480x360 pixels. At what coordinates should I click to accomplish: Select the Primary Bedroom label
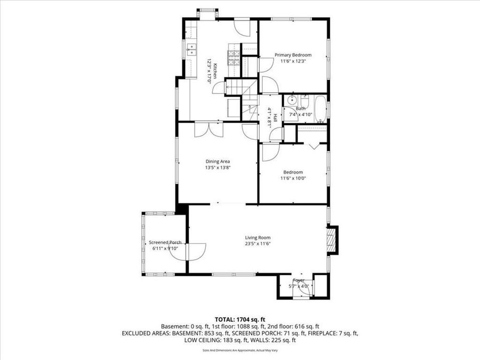pos(293,55)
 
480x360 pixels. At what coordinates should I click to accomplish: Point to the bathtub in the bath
pos(320,109)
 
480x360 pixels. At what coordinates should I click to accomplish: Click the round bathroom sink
pos(292,100)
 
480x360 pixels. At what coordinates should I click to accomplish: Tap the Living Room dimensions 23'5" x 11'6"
pos(258,244)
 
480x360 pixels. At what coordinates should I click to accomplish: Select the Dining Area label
pos(218,161)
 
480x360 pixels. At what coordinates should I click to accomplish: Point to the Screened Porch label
pos(165,242)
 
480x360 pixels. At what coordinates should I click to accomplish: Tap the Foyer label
pos(299,280)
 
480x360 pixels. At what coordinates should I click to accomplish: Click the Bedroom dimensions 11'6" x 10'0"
pos(293,179)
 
